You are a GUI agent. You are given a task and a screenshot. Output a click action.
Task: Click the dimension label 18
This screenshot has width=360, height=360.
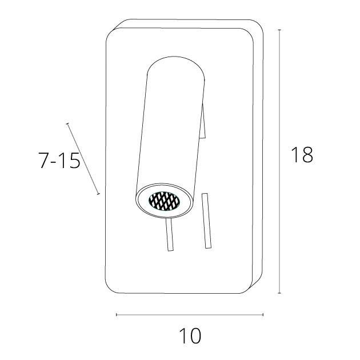point(302,154)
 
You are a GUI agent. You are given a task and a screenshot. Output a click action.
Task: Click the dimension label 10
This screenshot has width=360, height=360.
point(190,336)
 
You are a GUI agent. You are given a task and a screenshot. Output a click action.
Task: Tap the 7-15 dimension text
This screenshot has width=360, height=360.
point(59,161)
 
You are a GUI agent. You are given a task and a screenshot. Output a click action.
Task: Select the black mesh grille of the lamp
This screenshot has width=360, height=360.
point(164,201)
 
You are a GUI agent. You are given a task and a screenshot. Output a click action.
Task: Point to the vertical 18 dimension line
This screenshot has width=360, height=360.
point(279,161)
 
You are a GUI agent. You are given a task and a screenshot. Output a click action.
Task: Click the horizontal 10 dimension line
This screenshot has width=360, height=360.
point(190,314)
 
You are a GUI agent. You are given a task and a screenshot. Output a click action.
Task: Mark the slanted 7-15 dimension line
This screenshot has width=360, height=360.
point(83,159)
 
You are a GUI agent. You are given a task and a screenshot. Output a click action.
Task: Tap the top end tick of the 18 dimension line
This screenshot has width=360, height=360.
point(279,30)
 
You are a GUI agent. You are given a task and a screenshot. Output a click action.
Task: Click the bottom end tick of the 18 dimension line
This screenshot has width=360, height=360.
point(279,293)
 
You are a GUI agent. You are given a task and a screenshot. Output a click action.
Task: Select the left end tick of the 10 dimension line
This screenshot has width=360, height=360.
point(117,314)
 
